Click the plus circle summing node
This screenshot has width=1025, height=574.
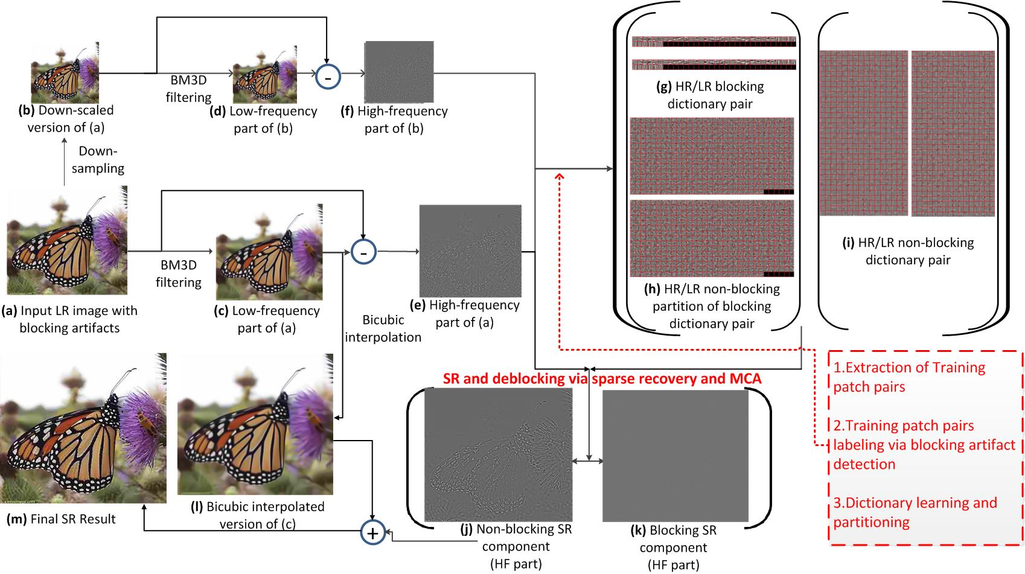(x=372, y=532)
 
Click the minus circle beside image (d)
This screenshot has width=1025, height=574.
(x=328, y=77)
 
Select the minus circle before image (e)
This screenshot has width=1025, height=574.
(x=363, y=253)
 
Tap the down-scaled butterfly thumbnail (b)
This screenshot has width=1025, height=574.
(x=65, y=73)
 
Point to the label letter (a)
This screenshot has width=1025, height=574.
(x=10, y=311)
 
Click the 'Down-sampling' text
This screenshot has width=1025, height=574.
(x=98, y=159)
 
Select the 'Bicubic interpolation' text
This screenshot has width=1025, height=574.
(x=383, y=328)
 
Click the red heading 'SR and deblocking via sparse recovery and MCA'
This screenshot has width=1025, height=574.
(x=602, y=378)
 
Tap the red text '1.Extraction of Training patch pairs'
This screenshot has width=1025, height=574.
(x=908, y=377)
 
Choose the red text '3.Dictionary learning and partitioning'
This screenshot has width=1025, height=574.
(x=915, y=512)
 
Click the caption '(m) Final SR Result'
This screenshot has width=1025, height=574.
(x=60, y=518)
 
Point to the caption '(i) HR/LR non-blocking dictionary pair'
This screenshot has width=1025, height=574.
(x=908, y=251)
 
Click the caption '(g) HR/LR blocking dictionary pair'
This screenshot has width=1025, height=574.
(x=710, y=95)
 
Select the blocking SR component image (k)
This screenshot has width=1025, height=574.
(x=675, y=456)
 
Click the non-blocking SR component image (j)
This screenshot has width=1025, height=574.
(x=497, y=454)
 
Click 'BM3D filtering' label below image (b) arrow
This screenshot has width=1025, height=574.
(x=188, y=89)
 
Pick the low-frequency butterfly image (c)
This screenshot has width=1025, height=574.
(x=269, y=252)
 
